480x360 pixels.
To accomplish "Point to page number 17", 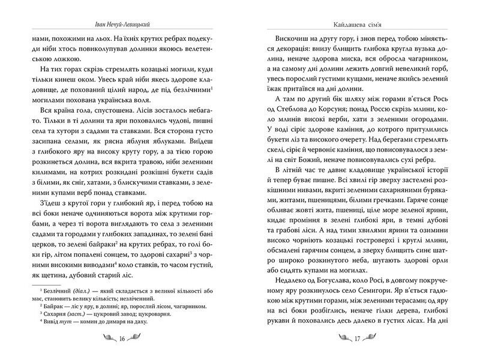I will tap(357, 338).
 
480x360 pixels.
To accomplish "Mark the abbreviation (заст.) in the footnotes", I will tap(81, 314).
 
